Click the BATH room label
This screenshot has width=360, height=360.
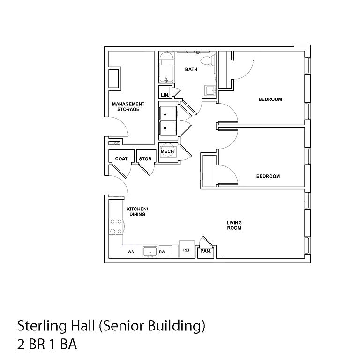pyautogui.click(x=191, y=69)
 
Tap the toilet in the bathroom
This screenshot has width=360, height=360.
pyautogui.click(x=207, y=60)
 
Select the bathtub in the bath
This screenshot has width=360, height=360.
pyautogui.click(x=166, y=67)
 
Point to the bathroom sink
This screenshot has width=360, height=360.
pyautogui.click(x=210, y=90)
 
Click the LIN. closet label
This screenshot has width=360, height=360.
pyautogui.click(x=165, y=95)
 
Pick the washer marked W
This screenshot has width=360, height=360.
pyautogui.click(x=168, y=113)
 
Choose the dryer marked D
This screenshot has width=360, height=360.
pyautogui.click(x=168, y=128)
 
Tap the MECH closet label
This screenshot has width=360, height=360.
pyautogui.click(x=167, y=151)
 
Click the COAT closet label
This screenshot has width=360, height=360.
pyautogui.click(x=121, y=158)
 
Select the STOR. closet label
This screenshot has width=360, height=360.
pyautogui.click(x=146, y=158)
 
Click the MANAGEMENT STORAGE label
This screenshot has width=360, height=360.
pyautogui.click(x=128, y=107)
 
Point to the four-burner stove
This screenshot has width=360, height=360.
pyautogui.click(x=116, y=226)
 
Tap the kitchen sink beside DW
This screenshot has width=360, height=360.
pyautogui.click(x=150, y=252)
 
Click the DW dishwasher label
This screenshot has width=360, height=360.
pyautogui.click(x=162, y=252)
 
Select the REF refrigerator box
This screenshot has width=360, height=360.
pyautogui.click(x=187, y=249)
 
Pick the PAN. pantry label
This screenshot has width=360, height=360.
pyautogui.click(x=205, y=251)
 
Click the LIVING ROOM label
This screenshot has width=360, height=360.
pyautogui.click(x=234, y=225)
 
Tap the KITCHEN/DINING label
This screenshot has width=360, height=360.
pyautogui.click(x=137, y=212)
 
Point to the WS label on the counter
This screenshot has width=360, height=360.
pyautogui.click(x=131, y=252)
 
